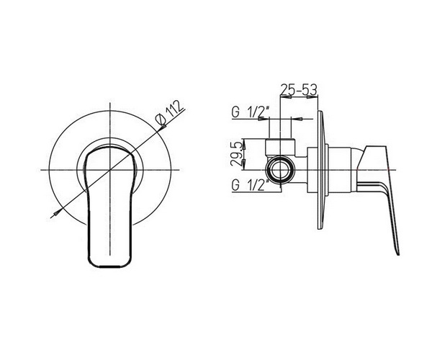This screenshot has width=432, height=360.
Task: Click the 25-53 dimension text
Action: tap(299, 89)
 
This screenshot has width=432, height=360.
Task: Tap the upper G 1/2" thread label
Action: tap(250, 112)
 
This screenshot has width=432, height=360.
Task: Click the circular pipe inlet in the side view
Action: tap(281, 170)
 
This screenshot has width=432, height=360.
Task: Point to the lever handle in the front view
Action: tap(109, 207)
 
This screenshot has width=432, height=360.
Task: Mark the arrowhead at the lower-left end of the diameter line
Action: tap(56, 213)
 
